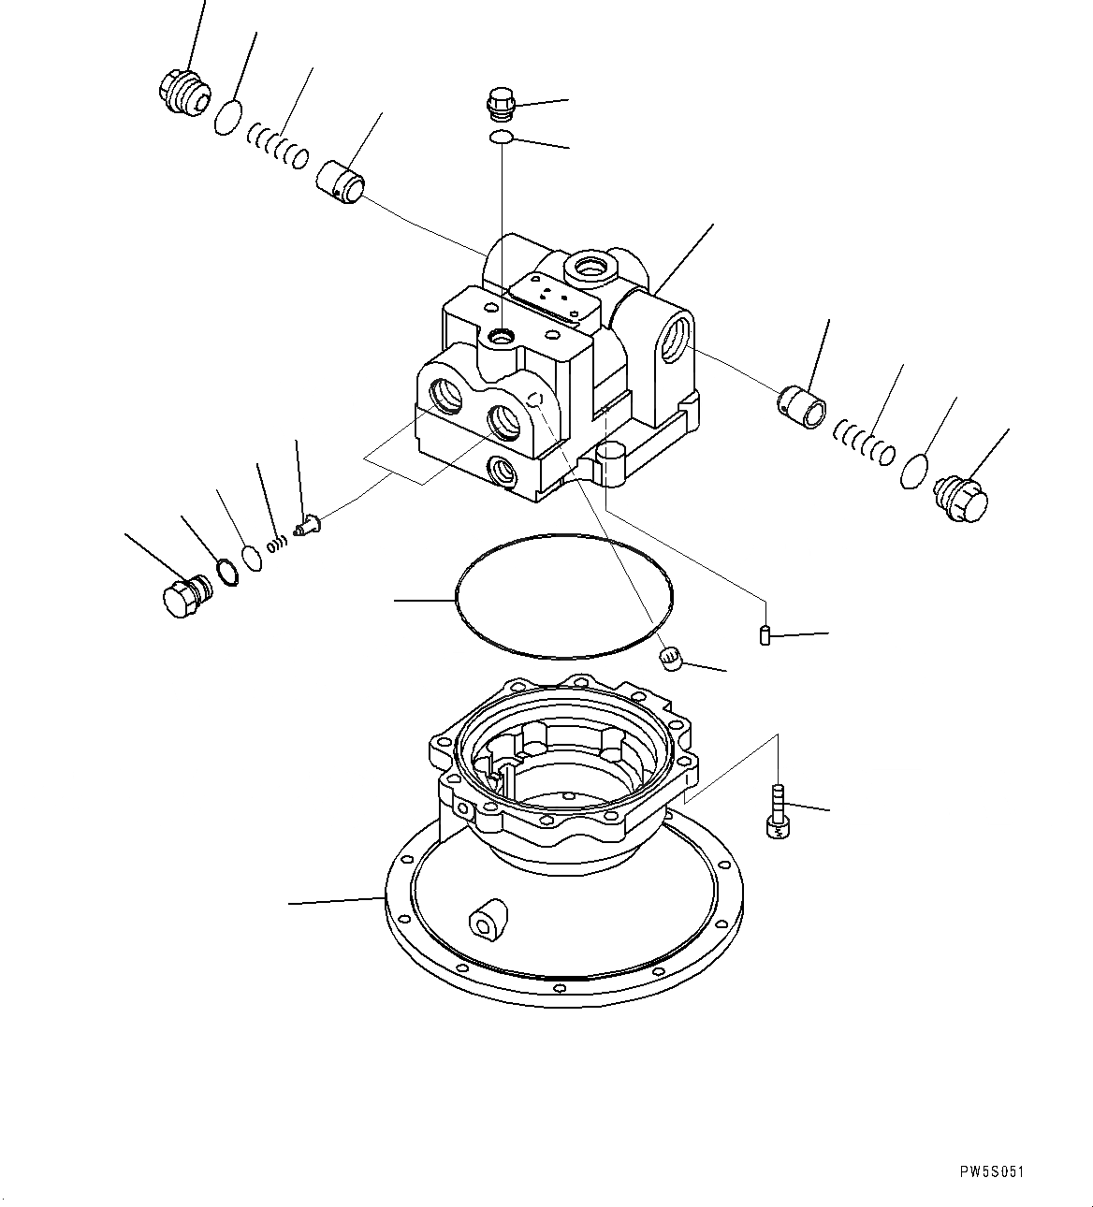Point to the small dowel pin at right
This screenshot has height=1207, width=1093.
click(764, 635)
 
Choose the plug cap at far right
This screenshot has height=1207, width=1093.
click(961, 492)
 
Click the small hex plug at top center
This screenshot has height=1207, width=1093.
click(501, 102)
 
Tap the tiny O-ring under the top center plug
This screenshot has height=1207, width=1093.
click(502, 138)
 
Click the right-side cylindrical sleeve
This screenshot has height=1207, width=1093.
click(802, 409)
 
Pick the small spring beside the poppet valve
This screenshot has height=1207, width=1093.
click(275, 542)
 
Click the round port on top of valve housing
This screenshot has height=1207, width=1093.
click(592, 270)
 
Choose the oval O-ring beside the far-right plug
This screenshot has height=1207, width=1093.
click(914, 471)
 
